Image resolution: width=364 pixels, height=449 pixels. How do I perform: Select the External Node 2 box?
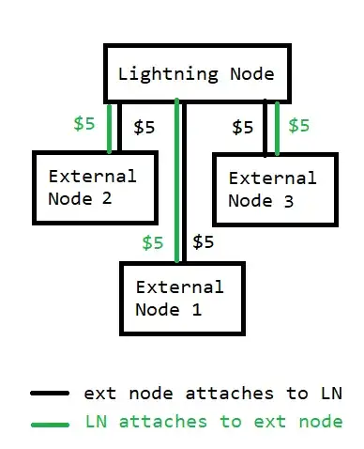tap(91, 186)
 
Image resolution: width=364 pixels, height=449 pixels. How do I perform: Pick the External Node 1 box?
tap(181, 297)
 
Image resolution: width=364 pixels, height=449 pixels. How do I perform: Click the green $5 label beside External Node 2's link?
tap(84, 124)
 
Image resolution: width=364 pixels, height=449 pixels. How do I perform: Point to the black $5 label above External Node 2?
tap(144, 126)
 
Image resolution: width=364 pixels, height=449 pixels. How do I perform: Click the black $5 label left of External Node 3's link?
tap(242, 126)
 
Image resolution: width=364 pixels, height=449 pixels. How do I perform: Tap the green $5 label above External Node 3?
tap(299, 124)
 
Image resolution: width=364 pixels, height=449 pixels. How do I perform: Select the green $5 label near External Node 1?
tap(153, 242)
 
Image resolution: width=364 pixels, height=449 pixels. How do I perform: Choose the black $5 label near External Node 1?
tap(204, 241)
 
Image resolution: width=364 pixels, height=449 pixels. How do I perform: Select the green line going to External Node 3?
tap(277, 128)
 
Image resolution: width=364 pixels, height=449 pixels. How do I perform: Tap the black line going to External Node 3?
tap(266, 128)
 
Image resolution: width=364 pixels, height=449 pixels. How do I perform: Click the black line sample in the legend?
tap(48, 393)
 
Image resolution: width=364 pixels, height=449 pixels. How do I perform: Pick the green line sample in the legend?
tap(48, 425)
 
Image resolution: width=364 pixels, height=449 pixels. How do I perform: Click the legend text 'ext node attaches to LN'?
tap(213, 392)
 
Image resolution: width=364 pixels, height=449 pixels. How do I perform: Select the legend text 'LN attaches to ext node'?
tap(213, 422)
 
